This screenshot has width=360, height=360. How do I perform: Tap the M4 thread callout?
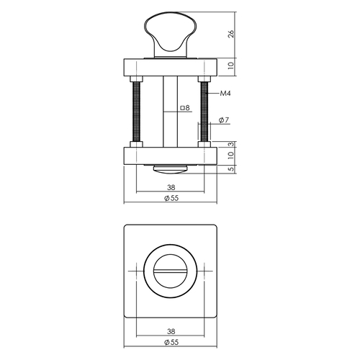(x=225, y=94)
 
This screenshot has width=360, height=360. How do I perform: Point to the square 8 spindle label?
(x=185, y=108)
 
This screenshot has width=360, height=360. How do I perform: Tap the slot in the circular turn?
(x=171, y=271)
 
